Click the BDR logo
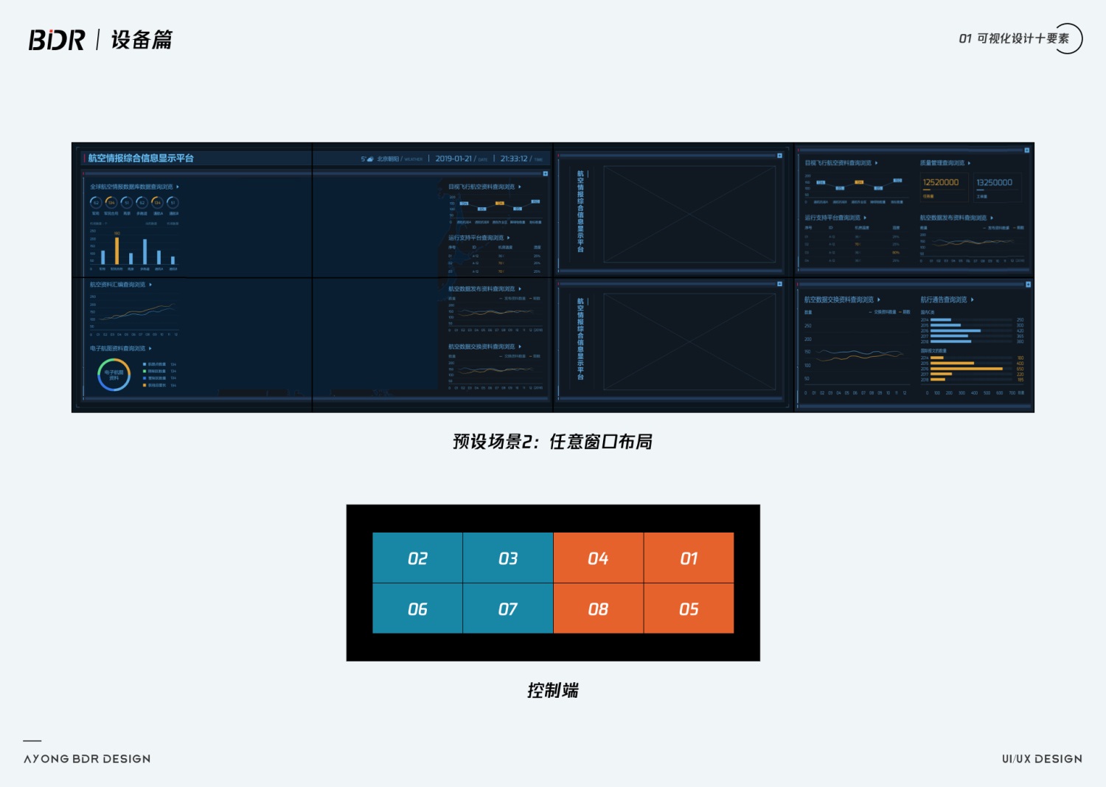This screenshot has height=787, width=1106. point(57,40)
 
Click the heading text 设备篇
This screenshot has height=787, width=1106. point(142,40)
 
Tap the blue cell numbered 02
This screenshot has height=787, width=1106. point(417,558)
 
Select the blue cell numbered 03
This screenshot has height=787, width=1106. point(508,558)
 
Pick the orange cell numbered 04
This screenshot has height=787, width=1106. point(598,558)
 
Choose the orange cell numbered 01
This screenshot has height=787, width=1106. point(689,558)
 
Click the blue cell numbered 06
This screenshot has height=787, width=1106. point(417,609)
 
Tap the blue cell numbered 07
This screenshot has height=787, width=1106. point(508,609)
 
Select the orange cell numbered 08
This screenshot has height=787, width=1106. point(598,609)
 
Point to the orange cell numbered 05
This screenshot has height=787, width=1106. point(689,609)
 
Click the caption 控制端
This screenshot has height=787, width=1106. point(553,690)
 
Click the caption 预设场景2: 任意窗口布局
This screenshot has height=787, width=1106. point(552,442)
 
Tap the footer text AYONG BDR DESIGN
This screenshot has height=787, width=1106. point(87,759)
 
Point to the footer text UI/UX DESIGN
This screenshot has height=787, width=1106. point(1042,759)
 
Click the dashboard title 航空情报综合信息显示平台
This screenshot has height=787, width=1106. point(141,159)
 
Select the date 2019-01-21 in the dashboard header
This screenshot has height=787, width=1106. point(453,159)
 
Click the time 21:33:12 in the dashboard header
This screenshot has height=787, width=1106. point(514,159)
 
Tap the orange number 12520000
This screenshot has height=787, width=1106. point(941,182)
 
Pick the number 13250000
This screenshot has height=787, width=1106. point(994,182)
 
